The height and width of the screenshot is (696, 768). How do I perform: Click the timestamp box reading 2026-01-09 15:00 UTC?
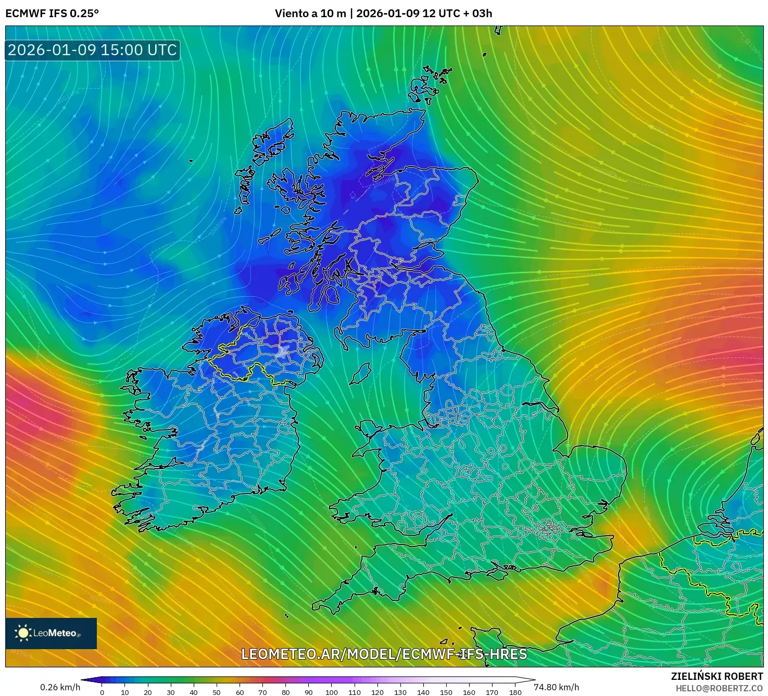coord(92,50)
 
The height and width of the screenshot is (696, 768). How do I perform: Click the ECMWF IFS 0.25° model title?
coord(52,14)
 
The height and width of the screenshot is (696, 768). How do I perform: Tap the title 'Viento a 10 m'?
coord(310,14)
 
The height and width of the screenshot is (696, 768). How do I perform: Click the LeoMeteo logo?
coord(51,633)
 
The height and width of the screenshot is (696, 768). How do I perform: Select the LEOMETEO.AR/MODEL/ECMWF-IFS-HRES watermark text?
coord(384,654)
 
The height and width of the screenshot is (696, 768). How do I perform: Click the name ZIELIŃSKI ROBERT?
coord(716,676)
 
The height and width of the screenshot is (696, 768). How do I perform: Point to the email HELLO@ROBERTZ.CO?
coord(719,688)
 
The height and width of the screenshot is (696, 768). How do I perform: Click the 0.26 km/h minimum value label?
coord(60,687)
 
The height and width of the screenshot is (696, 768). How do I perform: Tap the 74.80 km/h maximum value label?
coord(556,687)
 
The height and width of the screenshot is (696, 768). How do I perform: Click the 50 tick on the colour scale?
coord(217,692)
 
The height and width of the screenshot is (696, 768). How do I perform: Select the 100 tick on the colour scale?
coord(332,692)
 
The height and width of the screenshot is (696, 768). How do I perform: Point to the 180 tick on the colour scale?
coord(515,692)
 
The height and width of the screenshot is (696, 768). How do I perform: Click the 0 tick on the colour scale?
coord(102,692)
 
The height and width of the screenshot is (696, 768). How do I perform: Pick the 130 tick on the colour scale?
coord(400,692)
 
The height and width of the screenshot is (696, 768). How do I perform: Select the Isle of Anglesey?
coord(368,430)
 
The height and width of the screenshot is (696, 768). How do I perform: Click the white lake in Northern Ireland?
coord(283,351)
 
